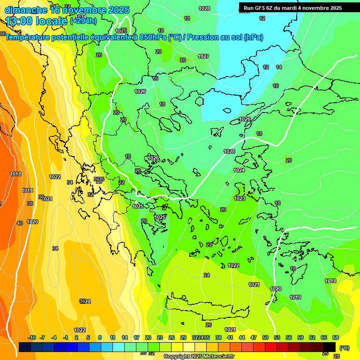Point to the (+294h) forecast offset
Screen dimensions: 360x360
[x=83, y=21]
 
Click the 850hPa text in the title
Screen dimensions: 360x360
[x=152, y=37]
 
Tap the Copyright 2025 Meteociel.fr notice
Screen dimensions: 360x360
[x=199, y=357]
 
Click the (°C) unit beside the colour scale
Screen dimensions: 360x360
[x=344, y=348]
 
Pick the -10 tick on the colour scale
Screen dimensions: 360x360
[x=32, y=338]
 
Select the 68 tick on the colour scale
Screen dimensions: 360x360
[x=336, y=338]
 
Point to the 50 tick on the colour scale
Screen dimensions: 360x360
[x=265, y=338]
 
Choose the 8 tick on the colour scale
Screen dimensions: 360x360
[x=100, y=338]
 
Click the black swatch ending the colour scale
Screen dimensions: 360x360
[x=330, y=347]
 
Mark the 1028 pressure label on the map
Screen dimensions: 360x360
[x=204, y=8]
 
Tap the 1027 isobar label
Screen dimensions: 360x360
[x=203, y=56]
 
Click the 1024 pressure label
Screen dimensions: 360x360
[x=239, y=170]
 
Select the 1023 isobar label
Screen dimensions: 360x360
[x=240, y=198]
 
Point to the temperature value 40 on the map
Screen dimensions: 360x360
[x=20, y=223]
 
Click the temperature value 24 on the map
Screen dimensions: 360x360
[x=207, y=275]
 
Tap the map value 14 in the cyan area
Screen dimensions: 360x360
[x=279, y=67]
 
